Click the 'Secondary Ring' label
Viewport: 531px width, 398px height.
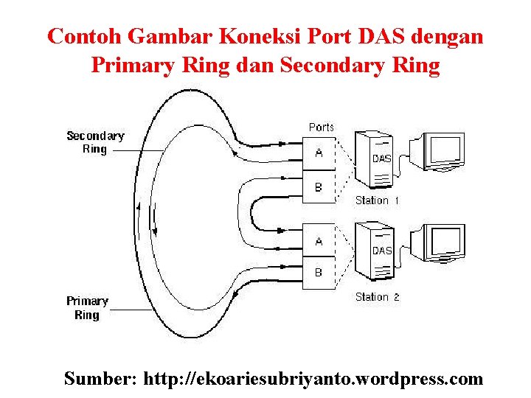click(95, 142)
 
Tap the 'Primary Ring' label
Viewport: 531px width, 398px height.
click(87, 308)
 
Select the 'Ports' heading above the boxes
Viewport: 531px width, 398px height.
click(321, 128)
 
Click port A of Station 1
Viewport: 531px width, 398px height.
click(319, 153)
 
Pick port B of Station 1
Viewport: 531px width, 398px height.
click(319, 187)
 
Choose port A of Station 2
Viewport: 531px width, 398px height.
click(319, 241)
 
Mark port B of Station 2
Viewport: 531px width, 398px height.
click(319, 273)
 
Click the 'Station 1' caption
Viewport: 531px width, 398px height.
click(377, 200)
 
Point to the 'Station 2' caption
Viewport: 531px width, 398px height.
click(377, 297)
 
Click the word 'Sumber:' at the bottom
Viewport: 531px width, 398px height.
click(101, 379)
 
